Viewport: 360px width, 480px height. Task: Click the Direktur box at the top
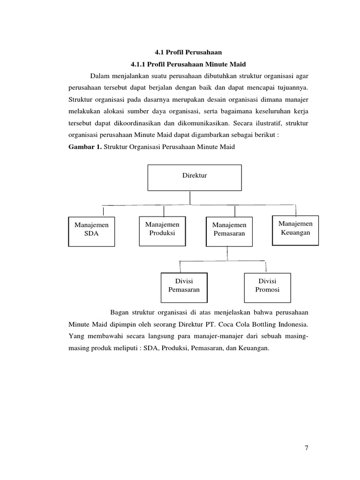click(195, 177)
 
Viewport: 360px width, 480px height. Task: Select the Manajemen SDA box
click(91, 231)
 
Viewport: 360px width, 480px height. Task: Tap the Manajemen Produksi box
click(162, 231)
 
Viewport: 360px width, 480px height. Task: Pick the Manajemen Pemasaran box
click(229, 231)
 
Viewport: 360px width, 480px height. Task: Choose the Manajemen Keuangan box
click(295, 230)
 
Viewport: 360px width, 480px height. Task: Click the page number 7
click(307, 448)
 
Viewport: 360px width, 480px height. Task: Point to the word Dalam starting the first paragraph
click(99, 75)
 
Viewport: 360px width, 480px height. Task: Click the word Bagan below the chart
click(120, 312)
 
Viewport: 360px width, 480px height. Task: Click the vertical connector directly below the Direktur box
click(190, 198)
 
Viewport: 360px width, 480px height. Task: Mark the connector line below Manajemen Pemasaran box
click(228, 253)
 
